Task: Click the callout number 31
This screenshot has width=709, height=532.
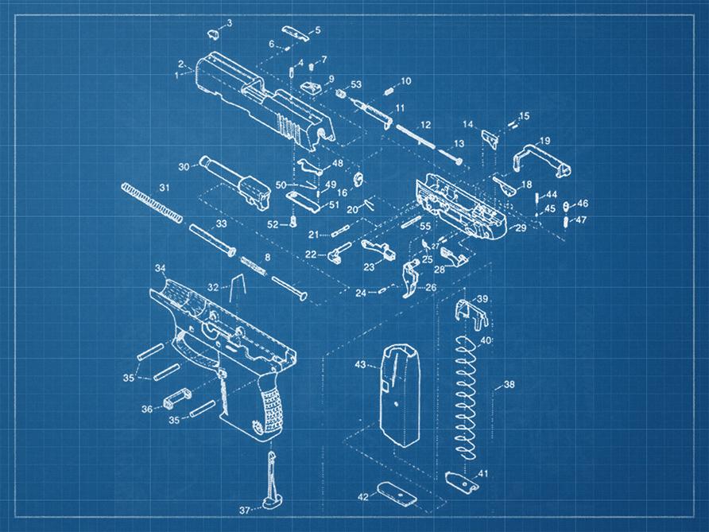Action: [165, 188]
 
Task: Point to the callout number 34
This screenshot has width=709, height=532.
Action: [160, 268]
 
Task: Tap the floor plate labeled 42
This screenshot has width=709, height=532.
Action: [397, 494]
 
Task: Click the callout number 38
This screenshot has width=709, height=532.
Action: [509, 384]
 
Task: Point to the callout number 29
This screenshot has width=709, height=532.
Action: [521, 228]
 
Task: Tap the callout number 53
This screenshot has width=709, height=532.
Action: [356, 84]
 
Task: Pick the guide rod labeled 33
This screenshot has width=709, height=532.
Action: [211, 239]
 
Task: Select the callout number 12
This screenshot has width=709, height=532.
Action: [426, 125]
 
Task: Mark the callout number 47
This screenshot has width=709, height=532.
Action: [581, 220]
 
